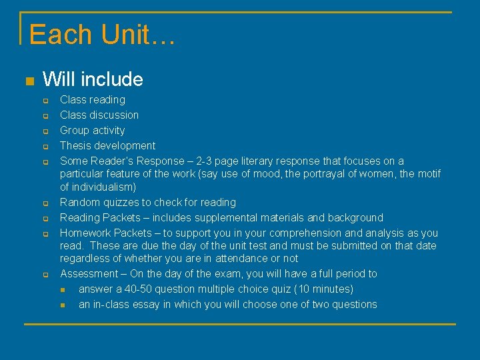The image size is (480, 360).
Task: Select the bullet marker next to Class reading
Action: click(x=45, y=101)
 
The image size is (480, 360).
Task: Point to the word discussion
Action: click(x=115, y=115)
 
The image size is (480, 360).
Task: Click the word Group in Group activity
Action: click(x=75, y=130)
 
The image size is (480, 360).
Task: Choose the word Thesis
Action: click(x=75, y=145)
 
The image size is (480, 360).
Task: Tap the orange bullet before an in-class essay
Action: click(x=63, y=305)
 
